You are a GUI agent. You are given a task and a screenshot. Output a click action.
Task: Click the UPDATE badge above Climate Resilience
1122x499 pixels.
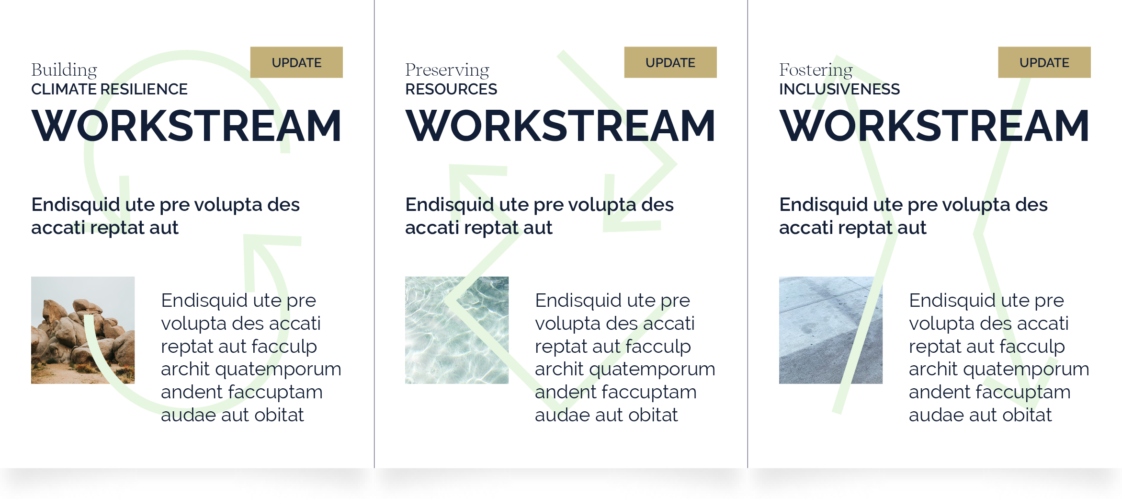click(296, 62)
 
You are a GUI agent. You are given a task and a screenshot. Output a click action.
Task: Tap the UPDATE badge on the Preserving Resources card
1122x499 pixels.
click(670, 62)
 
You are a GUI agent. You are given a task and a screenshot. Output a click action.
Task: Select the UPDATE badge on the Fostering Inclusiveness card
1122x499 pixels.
click(1044, 62)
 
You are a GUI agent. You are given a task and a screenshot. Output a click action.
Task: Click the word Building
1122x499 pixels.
click(64, 70)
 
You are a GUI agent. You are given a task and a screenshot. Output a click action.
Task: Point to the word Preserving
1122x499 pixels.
click(447, 70)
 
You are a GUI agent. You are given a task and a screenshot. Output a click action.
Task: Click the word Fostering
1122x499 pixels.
click(816, 70)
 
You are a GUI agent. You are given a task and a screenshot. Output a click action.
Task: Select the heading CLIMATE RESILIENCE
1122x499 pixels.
click(109, 89)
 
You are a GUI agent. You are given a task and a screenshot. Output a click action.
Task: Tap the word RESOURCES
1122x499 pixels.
click(451, 89)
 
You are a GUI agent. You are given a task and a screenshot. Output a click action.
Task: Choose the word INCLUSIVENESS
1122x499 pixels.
click(839, 89)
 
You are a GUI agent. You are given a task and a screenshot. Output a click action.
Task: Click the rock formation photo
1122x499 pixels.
click(83, 330)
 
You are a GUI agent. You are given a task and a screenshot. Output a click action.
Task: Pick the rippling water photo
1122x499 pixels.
click(457, 330)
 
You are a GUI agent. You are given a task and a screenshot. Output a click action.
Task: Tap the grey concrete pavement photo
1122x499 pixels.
click(831, 330)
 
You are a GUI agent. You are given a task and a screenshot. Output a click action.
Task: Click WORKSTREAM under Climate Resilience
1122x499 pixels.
click(186, 126)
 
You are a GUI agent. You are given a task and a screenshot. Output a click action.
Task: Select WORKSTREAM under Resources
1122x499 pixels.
click(560, 126)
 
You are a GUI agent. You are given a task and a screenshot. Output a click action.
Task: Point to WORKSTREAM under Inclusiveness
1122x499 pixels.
click(934, 126)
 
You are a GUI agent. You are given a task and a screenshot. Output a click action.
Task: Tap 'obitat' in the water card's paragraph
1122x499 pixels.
click(653, 415)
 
